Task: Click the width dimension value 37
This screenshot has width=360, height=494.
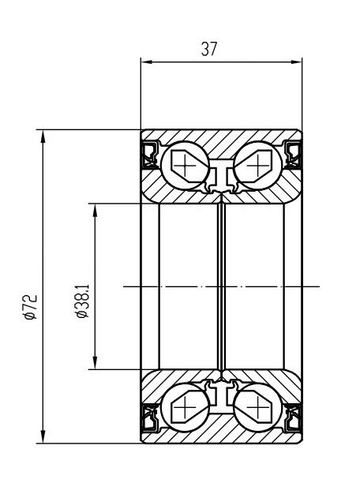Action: click(x=209, y=49)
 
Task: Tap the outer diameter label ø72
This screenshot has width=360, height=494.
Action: click(x=31, y=307)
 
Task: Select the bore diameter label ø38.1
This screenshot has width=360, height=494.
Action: click(x=83, y=301)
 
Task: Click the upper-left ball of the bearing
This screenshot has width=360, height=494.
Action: click(x=185, y=166)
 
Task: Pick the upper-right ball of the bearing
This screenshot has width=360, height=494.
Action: click(x=257, y=166)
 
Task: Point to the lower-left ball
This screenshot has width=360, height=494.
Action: click(x=185, y=407)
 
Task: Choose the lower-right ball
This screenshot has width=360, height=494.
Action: click(x=257, y=407)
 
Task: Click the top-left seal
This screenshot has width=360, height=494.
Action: click(x=150, y=155)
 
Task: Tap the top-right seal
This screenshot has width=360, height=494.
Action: click(x=293, y=155)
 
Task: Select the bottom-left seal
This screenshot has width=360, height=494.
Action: click(x=150, y=417)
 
